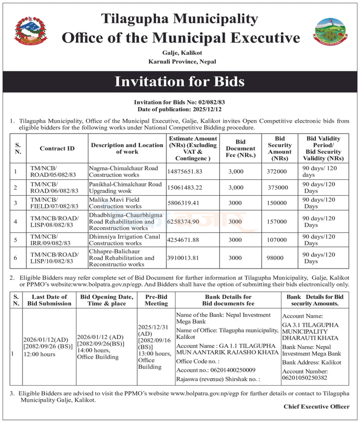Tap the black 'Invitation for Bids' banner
[x=180, y=81]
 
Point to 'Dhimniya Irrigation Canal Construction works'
[x=122, y=240]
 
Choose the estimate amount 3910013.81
[x=187, y=258]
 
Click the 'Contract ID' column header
[x=57, y=148]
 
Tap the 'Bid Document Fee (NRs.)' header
[x=240, y=148]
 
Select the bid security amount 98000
[x=277, y=258]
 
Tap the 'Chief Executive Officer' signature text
[x=316, y=407]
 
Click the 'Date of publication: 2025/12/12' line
[x=180, y=109]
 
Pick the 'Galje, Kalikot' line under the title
[x=180, y=53]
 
